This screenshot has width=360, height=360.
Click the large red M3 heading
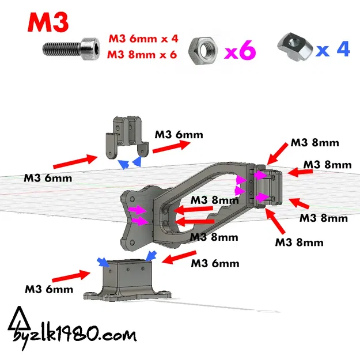[x=48, y=22]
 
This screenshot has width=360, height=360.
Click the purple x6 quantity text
[x=240, y=52]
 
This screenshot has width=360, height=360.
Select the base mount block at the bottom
[x=128, y=280]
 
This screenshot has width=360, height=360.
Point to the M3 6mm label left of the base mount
[x=49, y=289]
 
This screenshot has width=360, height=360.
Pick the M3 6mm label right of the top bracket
[x=179, y=134]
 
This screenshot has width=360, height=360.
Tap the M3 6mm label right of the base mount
[x=215, y=264]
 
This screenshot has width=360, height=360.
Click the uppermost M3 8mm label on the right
[x=314, y=143]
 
